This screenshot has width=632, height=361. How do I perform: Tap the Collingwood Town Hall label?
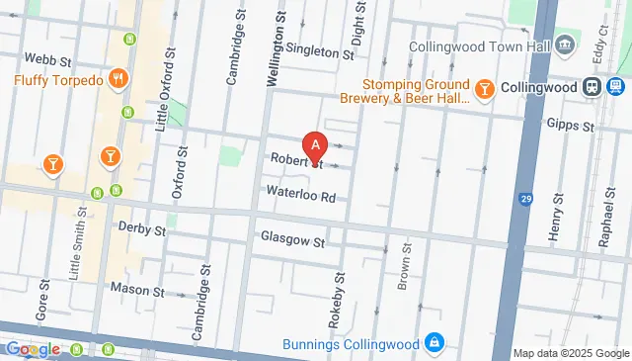(x=480, y=46)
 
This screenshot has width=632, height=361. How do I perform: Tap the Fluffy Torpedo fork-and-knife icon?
(x=118, y=79)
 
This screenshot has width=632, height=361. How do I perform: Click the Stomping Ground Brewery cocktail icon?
(x=484, y=91)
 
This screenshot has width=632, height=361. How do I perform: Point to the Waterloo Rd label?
(x=299, y=195)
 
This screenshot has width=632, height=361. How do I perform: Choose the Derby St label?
(x=141, y=229)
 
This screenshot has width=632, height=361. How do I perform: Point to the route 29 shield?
(x=524, y=202)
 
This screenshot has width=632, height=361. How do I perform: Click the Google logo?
(x=34, y=348)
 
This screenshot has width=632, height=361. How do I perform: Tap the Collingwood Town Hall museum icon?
(x=564, y=44)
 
